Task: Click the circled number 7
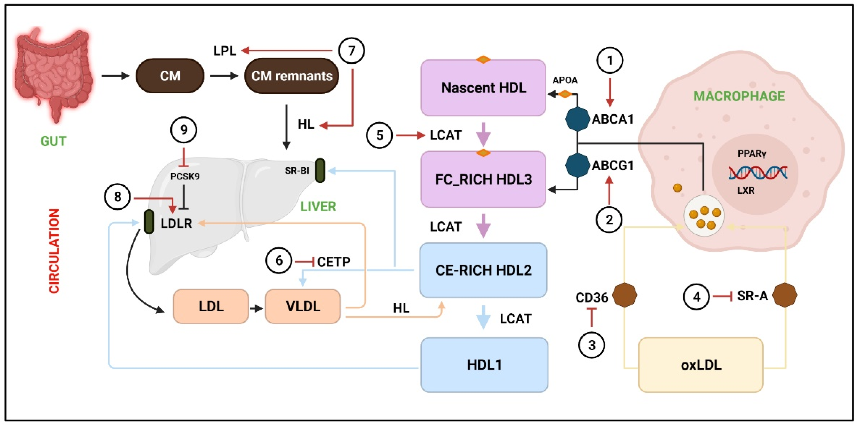click(351, 51)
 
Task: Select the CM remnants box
click(292, 76)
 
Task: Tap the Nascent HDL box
click(483, 88)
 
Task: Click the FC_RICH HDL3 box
click(483, 179)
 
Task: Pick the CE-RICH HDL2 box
click(483, 270)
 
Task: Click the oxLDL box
click(701, 365)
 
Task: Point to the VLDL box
click(303, 306)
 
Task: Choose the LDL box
click(211, 306)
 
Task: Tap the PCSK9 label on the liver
click(185, 176)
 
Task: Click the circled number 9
click(184, 130)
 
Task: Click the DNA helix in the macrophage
click(758, 173)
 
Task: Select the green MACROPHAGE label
click(739, 96)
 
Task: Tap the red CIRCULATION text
click(54, 251)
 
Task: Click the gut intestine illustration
click(53, 73)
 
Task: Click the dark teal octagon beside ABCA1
click(577, 119)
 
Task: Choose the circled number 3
click(591, 345)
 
